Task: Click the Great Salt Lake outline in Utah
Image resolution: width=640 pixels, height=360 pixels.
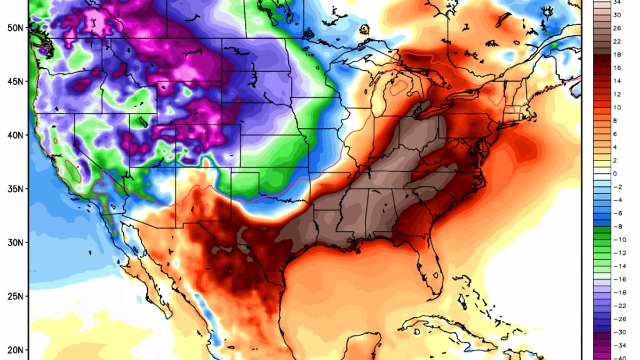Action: (x=142, y=121)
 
